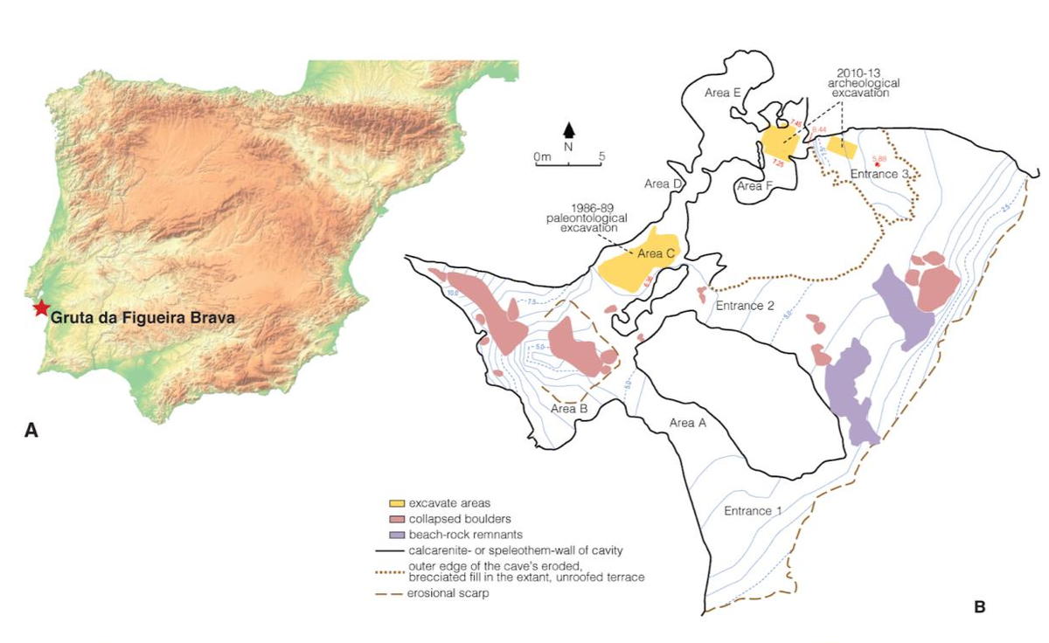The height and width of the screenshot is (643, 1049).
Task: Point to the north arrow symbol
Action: click(570, 131)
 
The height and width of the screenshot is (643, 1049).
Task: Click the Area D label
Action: click(663, 184)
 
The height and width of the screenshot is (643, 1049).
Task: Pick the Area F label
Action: click(755, 186)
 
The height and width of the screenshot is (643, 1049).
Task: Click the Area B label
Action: click(569, 408)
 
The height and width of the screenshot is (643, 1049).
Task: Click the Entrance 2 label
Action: click(745, 306)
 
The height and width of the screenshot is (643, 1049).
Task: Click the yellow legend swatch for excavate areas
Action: click(397, 503)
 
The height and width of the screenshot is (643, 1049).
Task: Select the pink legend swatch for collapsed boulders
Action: click(397, 519)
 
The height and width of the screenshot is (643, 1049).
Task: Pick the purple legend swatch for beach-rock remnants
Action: click(397, 534)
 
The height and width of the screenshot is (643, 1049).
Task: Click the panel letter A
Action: click(32, 429)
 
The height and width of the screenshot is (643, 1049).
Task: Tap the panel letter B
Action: click(979, 605)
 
